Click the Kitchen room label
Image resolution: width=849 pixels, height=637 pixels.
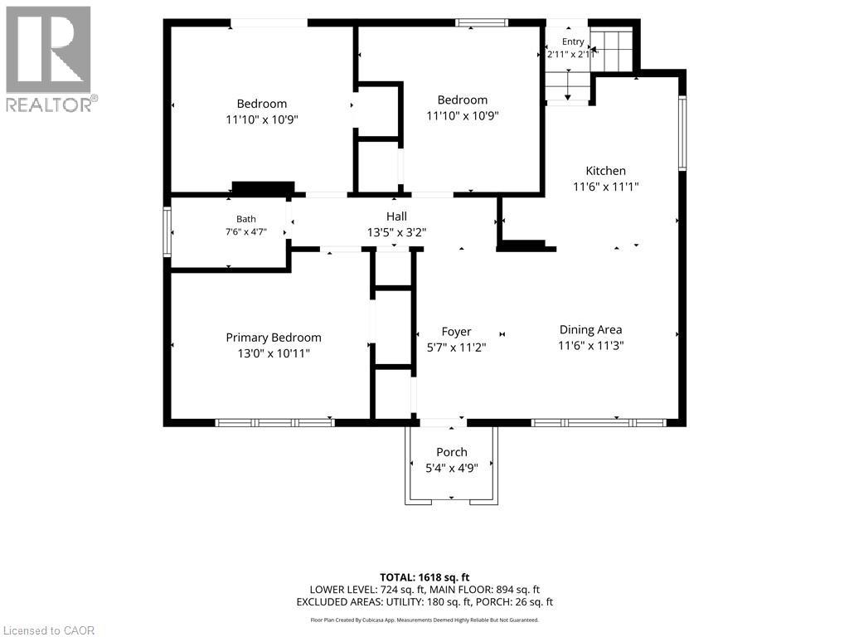605,171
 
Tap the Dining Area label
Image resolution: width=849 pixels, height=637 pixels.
590,329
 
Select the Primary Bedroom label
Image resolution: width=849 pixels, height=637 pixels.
274,338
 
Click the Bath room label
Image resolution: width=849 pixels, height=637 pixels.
245,219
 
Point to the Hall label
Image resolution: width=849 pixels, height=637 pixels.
396,216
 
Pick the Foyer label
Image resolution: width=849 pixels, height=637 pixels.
456,332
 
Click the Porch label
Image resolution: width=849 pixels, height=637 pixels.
452,452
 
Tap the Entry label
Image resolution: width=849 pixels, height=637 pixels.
573,41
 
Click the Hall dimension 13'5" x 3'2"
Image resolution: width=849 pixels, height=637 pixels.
396,232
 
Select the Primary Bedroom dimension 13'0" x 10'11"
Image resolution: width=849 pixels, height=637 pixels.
274,353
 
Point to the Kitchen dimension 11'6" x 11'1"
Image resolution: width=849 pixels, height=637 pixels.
606,187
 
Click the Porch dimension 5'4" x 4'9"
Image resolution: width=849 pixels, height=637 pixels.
452,468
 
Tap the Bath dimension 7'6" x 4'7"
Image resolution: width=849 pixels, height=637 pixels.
245,232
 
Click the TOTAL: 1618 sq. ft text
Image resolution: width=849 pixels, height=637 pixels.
424,577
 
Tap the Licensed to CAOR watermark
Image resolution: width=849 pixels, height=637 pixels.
49,630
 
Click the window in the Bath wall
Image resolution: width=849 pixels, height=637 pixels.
167,232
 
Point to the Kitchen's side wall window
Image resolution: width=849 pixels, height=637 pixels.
682,134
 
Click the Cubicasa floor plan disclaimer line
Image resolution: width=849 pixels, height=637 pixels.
424,620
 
